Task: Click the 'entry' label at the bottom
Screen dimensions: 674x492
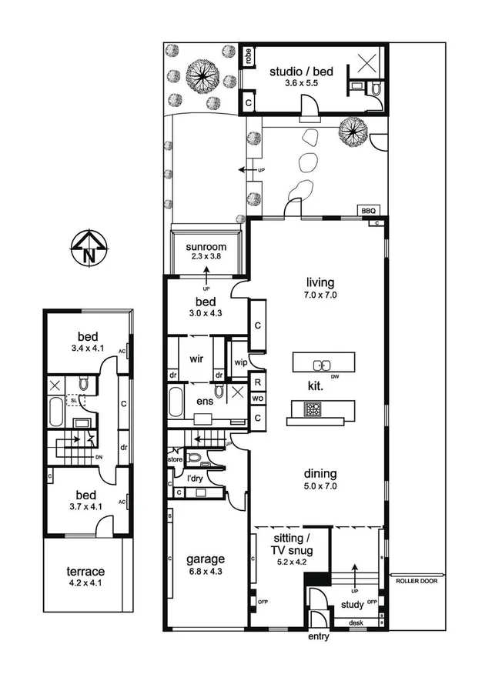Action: (x=318, y=637)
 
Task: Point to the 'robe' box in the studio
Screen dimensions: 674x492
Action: (x=248, y=56)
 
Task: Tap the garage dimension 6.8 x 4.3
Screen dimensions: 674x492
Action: (x=206, y=571)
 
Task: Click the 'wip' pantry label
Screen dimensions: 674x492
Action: (x=239, y=362)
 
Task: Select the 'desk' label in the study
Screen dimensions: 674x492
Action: (x=355, y=622)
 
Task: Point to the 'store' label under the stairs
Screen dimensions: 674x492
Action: (x=175, y=460)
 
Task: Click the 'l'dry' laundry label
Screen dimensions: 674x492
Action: (x=196, y=477)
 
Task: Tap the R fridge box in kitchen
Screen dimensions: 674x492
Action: (x=256, y=382)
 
